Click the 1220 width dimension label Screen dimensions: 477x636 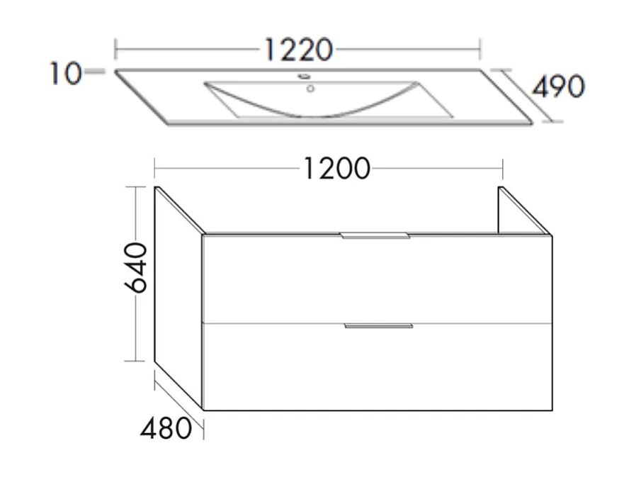pyautogui.click(x=298, y=50)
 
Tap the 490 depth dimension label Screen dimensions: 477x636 pyautogui.click(x=558, y=86)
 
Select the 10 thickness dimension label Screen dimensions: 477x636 pyautogui.click(x=65, y=73)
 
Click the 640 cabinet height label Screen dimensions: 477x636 pyautogui.click(x=135, y=273)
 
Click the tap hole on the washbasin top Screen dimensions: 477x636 pyautogui.click(x=303, y=77)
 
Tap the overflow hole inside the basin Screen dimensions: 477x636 pyautogui.click(x=310, y=89)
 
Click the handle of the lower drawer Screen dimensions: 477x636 pyautogui.click(x=377, y=326)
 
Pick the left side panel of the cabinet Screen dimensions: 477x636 pyautogui.click(x=178, y=298)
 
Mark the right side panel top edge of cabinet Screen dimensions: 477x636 pyautogui.click(x=525, y=210)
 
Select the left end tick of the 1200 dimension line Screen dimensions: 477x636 pyautogui.click(x=154, y=169)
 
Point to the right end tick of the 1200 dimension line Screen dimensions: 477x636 pyautogui.click(x=502, y=169)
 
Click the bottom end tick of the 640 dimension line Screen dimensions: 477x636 pyautogui.click(x=135, y=361)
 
